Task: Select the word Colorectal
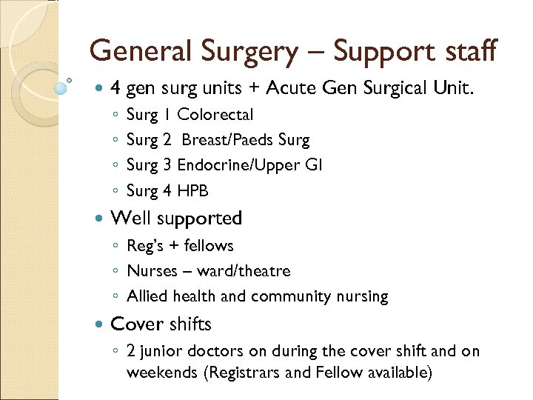click(x=215, y=115)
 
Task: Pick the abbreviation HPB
click(x=193, y=191)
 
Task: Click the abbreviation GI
click(x=313, y=165)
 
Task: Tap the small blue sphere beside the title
click(x=61, y=88)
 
